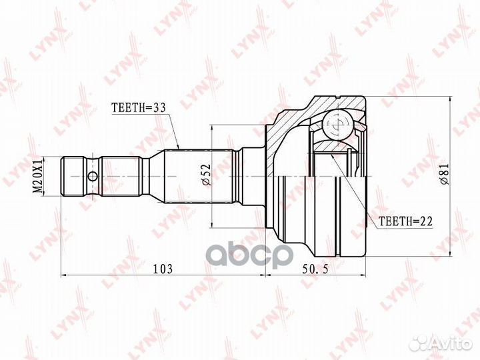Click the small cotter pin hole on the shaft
pos(92,177)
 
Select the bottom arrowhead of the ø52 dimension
pos(211,225)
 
